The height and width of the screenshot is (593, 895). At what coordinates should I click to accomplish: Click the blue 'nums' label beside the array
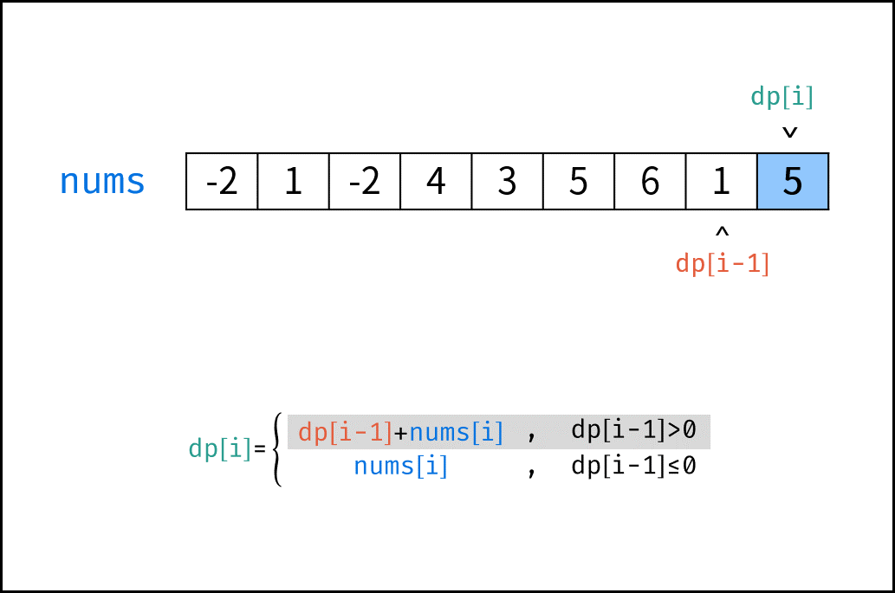102,181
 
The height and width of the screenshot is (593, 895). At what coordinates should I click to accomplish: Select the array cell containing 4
436,181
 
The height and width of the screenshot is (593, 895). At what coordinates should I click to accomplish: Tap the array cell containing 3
508,181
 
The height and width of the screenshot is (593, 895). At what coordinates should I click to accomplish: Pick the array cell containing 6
650,181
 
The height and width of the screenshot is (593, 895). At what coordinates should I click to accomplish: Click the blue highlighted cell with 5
793,181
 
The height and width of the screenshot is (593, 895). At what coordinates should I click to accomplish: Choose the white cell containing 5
579,181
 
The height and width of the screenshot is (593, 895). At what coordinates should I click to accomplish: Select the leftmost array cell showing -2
222,181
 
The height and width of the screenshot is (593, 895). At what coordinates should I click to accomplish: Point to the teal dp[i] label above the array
782,97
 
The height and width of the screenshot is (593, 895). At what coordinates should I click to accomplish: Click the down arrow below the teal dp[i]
790,132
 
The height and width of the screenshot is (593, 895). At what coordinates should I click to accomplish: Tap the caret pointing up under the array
722,231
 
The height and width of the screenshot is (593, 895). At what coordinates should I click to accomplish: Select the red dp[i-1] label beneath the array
723,264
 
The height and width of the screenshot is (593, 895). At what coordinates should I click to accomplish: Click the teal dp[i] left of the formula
220,448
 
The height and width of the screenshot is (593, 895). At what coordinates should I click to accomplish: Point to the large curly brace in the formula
278,449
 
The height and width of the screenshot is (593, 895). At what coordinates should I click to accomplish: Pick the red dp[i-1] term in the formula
346,432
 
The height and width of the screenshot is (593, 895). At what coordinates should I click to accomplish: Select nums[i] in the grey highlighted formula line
457,432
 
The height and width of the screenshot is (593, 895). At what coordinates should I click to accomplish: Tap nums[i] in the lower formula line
400,467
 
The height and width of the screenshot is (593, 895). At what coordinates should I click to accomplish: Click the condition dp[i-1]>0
633,429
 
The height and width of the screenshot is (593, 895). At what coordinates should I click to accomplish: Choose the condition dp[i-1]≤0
633,466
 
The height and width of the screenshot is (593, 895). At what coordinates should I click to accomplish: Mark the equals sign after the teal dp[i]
260,450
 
